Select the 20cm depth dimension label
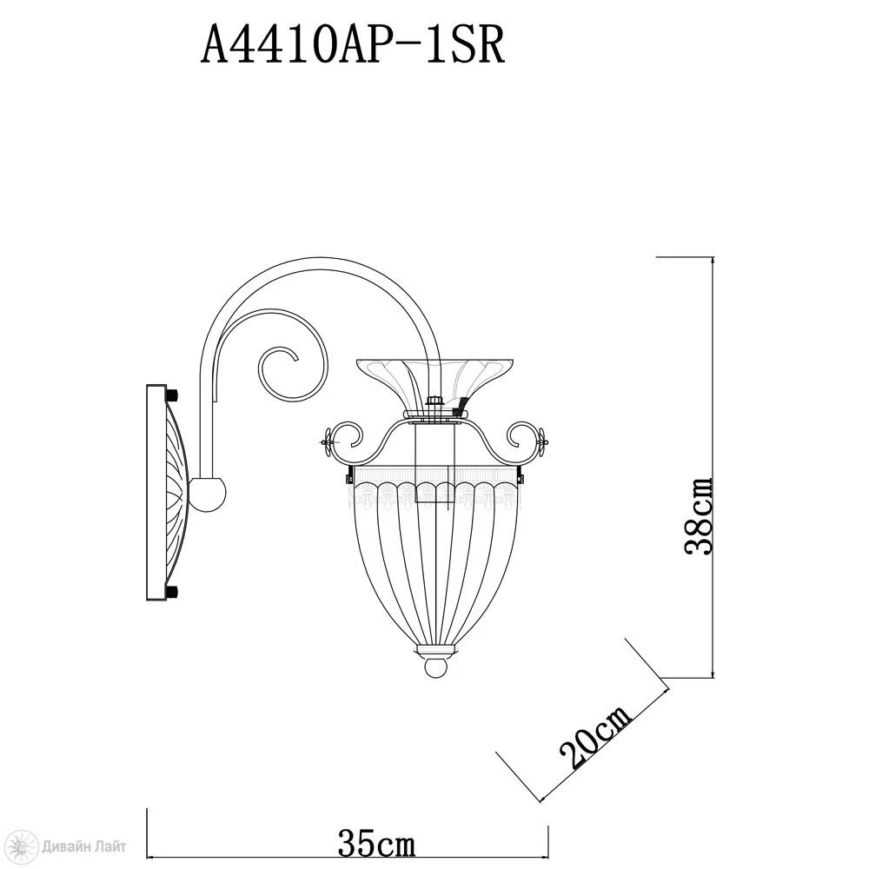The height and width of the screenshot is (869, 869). click(595, 737)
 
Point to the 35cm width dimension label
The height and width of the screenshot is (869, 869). click(376, 844)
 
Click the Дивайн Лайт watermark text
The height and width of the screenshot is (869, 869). click(83, 846)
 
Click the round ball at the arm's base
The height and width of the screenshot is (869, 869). click(208, 494)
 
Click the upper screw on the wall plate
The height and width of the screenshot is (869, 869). click(172, 395)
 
